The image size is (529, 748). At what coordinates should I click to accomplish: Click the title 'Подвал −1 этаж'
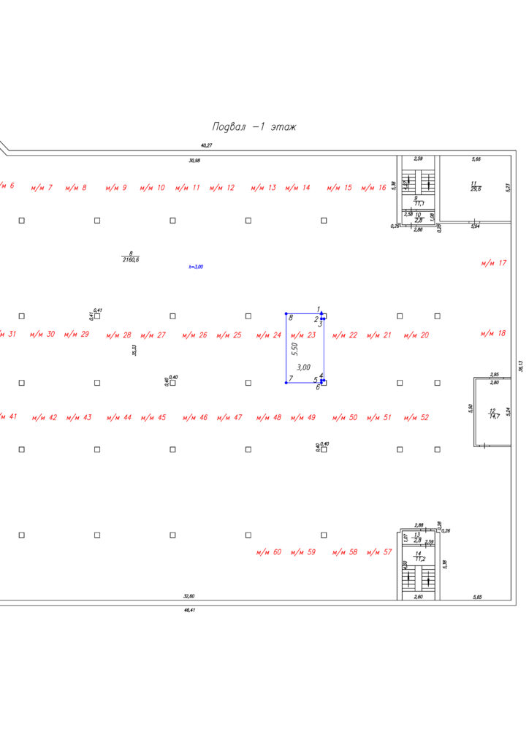[254, 127]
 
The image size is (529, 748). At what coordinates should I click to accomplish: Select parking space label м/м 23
[302, 335]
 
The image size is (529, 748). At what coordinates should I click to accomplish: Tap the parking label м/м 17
[493, 263]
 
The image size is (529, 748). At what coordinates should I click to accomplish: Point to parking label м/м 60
[268, 552]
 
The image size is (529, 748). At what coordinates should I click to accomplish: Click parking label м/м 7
[42, 188]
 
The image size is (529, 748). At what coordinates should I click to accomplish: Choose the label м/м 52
[416, 418]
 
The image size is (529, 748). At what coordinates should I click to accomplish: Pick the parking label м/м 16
[373, 188]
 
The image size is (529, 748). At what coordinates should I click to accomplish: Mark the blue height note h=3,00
[196, 267]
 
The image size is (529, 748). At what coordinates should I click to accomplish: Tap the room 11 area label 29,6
[476, 188]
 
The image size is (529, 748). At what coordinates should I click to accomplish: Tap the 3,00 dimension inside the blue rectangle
[302, 367]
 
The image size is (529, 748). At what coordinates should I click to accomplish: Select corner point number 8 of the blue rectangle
[290, 318]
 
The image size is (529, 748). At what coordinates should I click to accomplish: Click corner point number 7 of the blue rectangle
[290, 378]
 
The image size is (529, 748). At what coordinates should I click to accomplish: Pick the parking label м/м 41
[9, 416]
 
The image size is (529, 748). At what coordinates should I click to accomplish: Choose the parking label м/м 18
[493, 333]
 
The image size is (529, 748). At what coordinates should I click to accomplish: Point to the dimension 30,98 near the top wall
[194, 160]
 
